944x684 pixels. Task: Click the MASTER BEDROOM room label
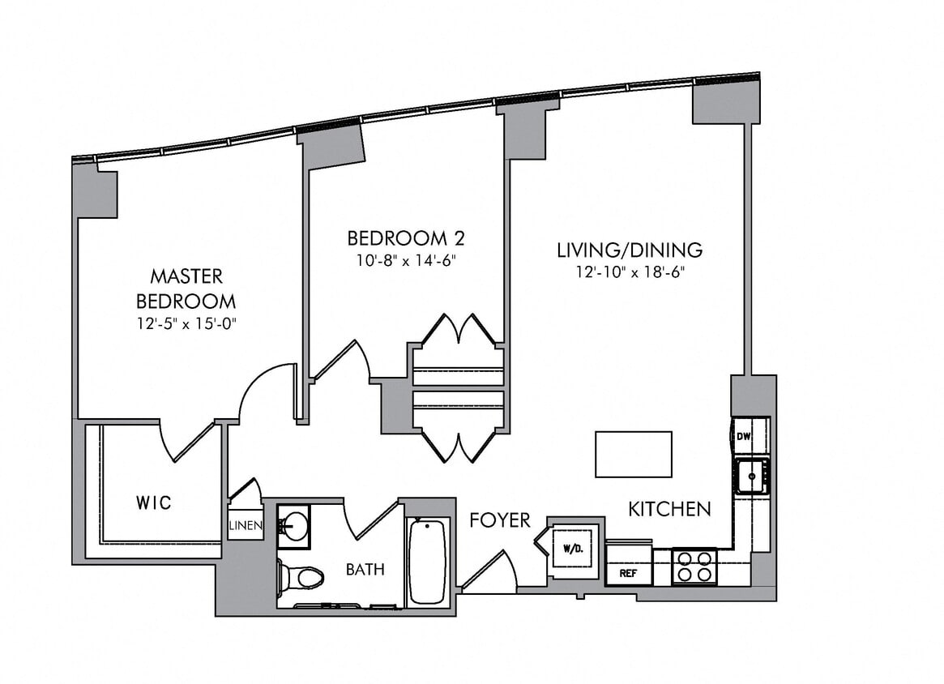click(x=186, y=289)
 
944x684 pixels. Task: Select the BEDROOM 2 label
click(x=405, y=238)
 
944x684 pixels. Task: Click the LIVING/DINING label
click(x=629, y=250)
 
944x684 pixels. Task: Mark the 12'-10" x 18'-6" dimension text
click(x=629, y=272)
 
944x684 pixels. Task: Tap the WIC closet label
click(x=153, y=503)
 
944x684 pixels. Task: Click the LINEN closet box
click(x=245, y=526)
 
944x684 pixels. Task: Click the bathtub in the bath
click(x=427, y=561)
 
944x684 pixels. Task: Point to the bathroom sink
click(x=293, y=523)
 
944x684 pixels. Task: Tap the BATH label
click(x=365, y=570)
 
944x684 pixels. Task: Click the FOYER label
click(x=500, y=520)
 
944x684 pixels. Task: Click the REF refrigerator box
click(x=628, y=571)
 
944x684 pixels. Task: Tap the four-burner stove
click(x=694, y=566)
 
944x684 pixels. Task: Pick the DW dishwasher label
click(x=743, y=437)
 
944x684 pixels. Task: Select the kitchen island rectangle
click(x=633, y=454)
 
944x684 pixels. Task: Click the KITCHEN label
click(x=669, y=509)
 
